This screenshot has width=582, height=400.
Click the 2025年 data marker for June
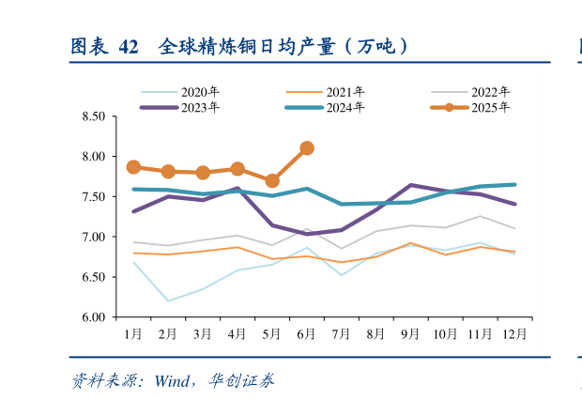pyautogui.click(x=306, y=148)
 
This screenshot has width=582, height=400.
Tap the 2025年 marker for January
pyautogui.click(x=133, y=167)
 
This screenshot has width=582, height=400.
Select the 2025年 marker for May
pyautogui.click(x=272, y=180)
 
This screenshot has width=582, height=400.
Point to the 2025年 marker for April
pyautogui.click(x=237, y=169)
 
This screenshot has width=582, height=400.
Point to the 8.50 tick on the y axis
pyautogui.click(x=93, y=116)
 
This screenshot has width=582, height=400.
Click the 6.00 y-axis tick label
pyautogui.click(x=93, y=317)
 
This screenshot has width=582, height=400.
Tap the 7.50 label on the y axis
pyautogui.click(x=93, y=197)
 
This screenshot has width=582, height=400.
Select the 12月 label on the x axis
pyautogui.click(x=513, y=333)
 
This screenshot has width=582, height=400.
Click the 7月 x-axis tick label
pyautogui.click(x=341, y=333)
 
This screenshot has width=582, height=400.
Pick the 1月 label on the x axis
pyautogui.click(x=133, y=333)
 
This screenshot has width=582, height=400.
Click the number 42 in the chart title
pyautogui.click(x=129, y=46)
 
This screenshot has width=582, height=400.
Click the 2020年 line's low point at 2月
pyautogui.click(x=168, y=301)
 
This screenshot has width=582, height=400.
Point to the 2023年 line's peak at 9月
pyautogui.click(x=410, y=185)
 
